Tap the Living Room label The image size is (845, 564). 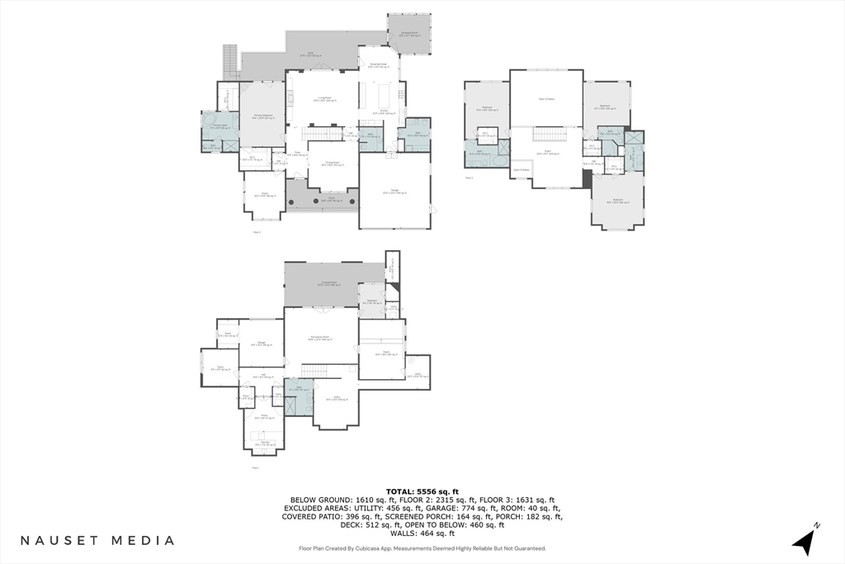click(324, 98)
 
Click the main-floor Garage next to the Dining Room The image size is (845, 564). click(394, 192)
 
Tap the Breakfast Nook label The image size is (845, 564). click(378, 67)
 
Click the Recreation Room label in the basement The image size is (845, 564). click(321, 339)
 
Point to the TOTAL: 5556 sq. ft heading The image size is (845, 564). click(422, 491)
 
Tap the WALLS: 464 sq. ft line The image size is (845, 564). click(422, 533)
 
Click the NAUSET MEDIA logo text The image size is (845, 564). click(97, 541)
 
